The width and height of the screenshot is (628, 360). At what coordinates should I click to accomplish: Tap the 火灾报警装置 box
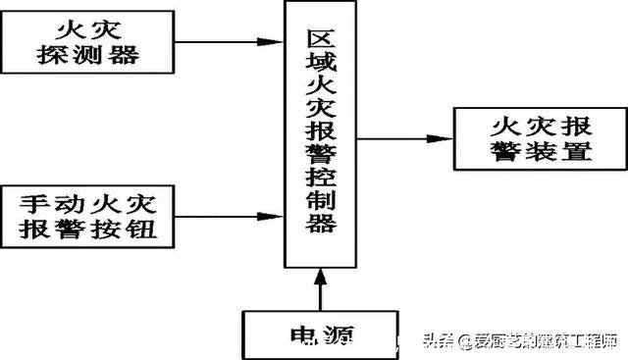540,138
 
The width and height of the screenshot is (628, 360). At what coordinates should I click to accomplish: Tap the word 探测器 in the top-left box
88,55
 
